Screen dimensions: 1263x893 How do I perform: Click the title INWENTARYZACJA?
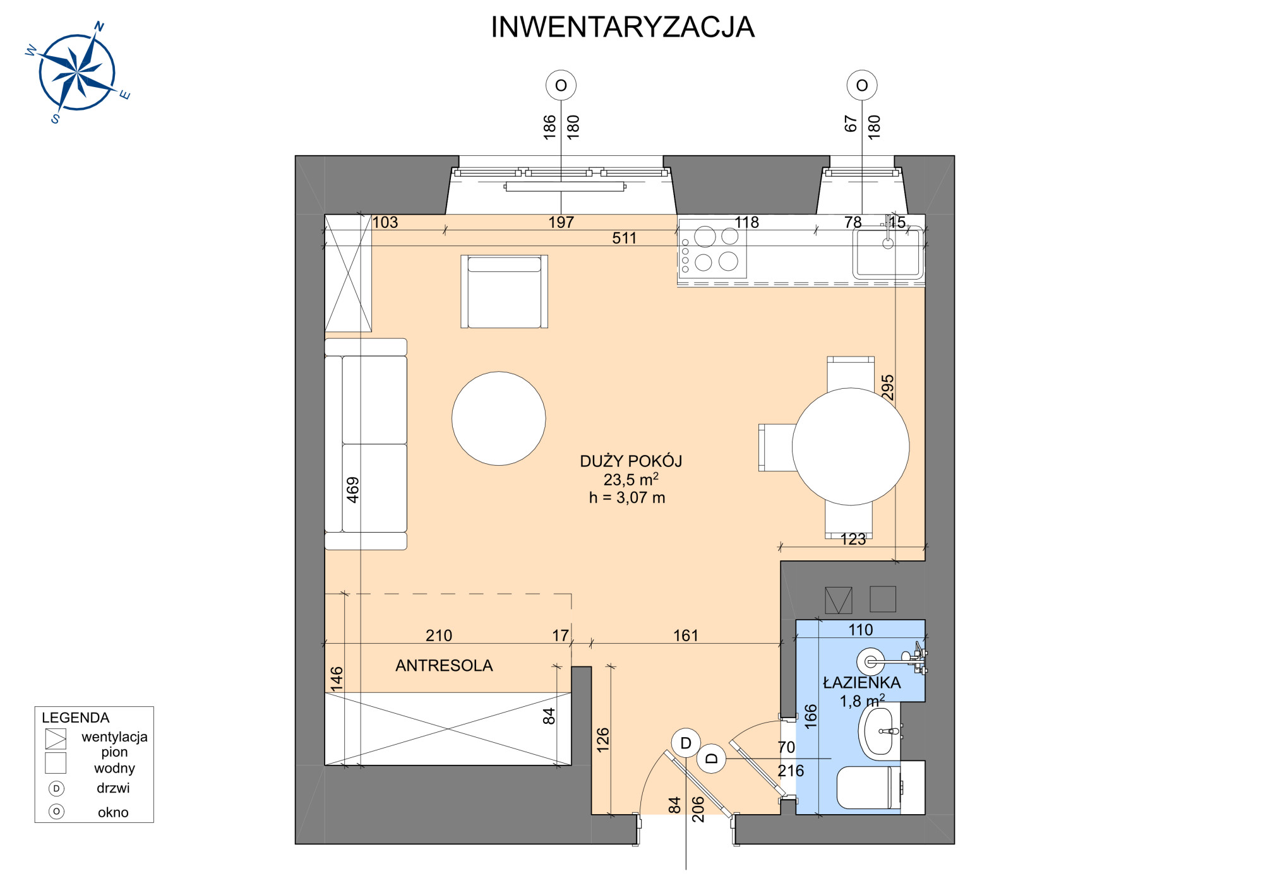623,27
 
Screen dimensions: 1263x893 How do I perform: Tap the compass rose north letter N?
99,27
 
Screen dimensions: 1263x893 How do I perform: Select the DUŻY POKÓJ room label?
631,461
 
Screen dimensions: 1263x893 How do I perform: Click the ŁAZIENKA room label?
862,682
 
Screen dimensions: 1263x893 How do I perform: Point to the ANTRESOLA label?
444,666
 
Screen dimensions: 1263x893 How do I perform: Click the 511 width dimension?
624,238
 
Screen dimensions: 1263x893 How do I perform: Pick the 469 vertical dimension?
353,490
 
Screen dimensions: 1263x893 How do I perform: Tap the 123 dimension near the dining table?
853,539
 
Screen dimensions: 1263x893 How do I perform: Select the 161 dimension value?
686,636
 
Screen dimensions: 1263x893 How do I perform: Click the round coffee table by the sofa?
499,418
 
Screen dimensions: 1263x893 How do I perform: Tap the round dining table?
851,447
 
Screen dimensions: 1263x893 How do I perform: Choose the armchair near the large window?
505,292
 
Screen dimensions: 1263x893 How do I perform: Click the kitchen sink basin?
888,253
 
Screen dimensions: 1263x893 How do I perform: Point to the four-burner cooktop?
712,249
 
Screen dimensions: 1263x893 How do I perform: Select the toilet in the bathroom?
868,788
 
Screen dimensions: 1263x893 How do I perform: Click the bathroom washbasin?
879,732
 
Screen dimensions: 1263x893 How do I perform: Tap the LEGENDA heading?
76,718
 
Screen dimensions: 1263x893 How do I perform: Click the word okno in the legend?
113,812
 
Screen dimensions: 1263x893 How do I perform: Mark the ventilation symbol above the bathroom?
839,600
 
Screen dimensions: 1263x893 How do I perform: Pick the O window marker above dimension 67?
862,85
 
